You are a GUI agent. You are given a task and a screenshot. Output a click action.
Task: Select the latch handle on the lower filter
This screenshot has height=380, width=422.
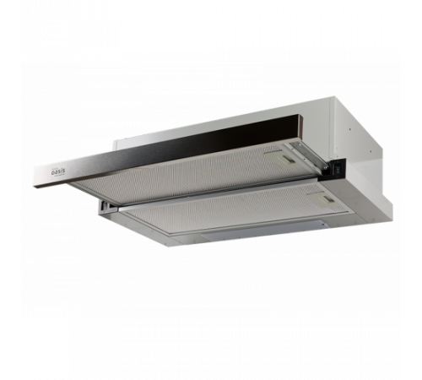(327, 199)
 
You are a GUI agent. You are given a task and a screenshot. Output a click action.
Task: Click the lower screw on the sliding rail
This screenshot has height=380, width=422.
(325, 167)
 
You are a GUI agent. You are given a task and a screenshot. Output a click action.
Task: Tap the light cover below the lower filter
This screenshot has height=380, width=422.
(268, 230)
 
